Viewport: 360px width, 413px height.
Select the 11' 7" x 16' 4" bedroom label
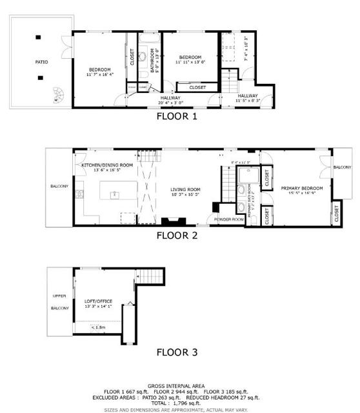(x=100, y=72)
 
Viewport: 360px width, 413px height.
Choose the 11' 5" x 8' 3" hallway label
(x=248, y=97)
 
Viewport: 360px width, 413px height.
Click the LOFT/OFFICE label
(x=98, y=301)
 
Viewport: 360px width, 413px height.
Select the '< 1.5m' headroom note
(x=98, y=328)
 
